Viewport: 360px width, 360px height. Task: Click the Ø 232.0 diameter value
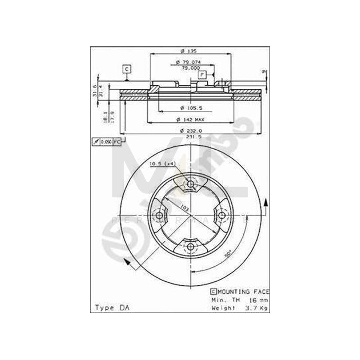(x=191, y=130)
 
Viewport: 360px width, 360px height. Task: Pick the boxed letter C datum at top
(x=126, y=69)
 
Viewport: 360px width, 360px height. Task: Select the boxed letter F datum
(x=202, y=74)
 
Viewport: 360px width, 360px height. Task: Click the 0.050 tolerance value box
(x=106, y=142)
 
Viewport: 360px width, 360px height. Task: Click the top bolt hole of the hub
(x=191, y=184)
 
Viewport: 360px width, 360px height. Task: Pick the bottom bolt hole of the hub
(x=191, y=246)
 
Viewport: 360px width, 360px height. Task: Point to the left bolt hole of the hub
(x=160, y=215)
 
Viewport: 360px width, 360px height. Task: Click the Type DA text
(x=109, y=308)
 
